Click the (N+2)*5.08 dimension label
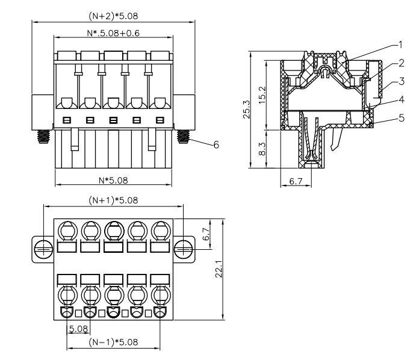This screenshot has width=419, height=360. [x=113, y=16]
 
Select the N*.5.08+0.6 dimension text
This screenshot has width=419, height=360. [x=113, y=33]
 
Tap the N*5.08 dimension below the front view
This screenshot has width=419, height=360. [x=113, y=181]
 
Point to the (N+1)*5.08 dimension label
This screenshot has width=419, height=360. [x=113, y=200]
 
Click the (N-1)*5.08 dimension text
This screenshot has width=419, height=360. [x=113, y=342]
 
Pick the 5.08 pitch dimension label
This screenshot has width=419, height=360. [x=78, y=329]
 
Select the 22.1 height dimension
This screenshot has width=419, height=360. [x=219, y=269]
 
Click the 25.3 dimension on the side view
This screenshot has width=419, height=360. [x=246, y=110]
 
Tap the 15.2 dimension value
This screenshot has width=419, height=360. [x=262, y=95]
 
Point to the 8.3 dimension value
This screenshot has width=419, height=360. [x=262, y=149]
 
